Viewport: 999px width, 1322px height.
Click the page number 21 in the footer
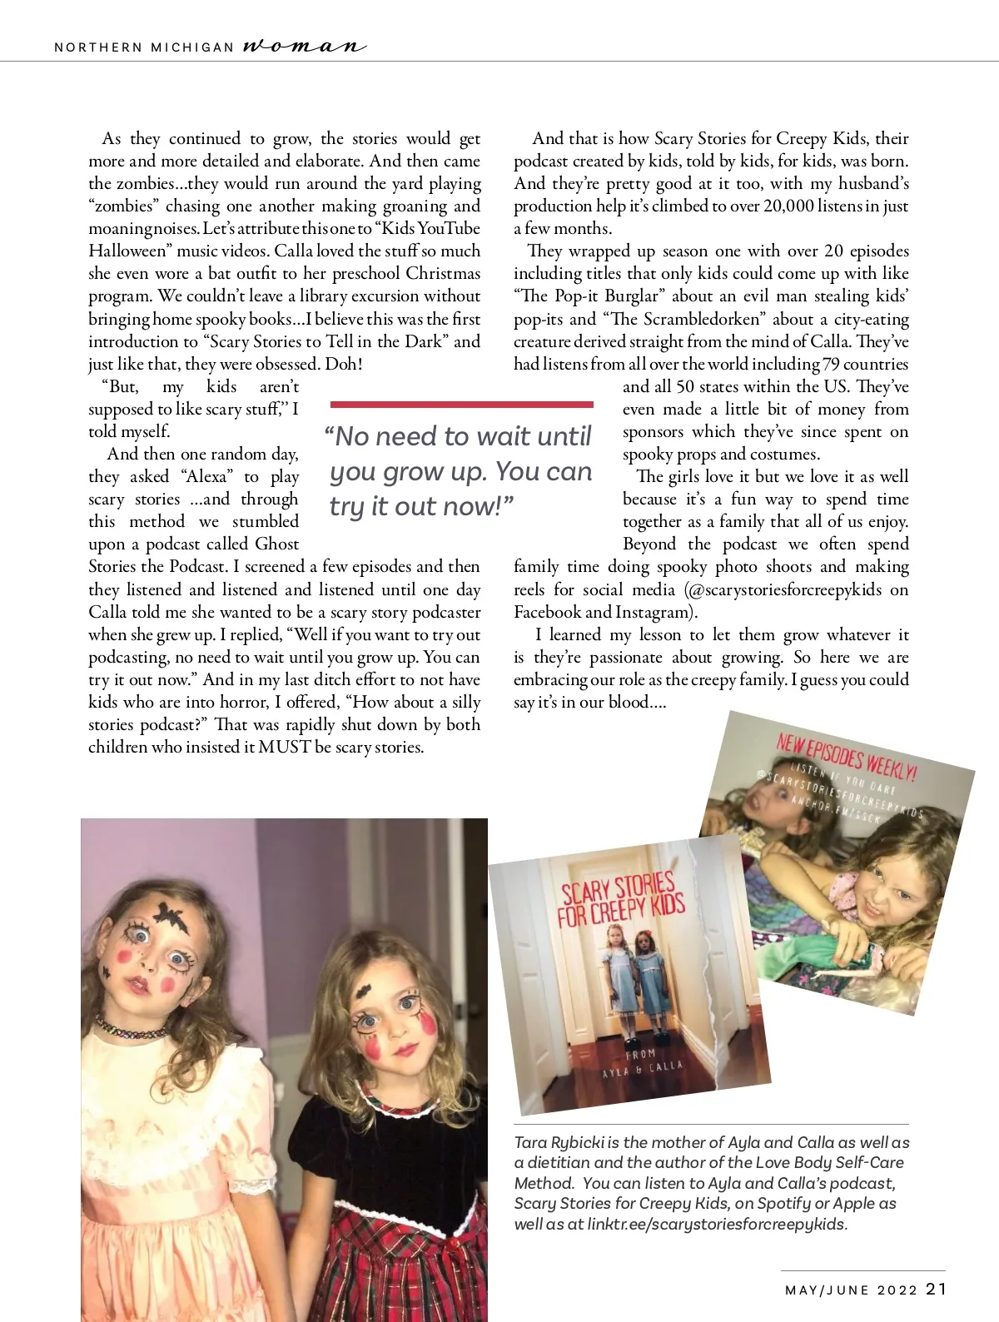(x=936, y=1289)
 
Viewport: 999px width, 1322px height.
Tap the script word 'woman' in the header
(x=305, y=47)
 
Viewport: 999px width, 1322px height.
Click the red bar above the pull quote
(x=461, y=405)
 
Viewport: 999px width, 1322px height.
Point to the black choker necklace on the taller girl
(x=132, y=1029)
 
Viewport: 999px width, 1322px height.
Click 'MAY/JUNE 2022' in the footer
(x=851, y=1290)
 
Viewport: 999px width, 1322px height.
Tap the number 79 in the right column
(x=831, y=365)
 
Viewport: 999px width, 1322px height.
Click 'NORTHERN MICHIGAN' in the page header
(x=144, y=47)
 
